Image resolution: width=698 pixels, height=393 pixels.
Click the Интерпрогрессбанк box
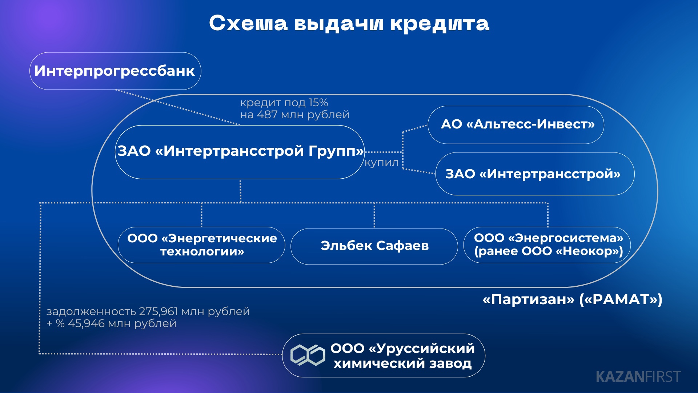coord(115,71)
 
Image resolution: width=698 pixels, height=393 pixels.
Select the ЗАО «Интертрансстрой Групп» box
coord(240,152)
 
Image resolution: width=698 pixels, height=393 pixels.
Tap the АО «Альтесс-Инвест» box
coord(516,125)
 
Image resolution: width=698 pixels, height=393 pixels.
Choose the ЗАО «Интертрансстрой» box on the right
coord(535,174)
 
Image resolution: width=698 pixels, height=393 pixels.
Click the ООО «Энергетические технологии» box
coord(201,245)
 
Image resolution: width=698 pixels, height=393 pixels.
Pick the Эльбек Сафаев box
coord(374,246)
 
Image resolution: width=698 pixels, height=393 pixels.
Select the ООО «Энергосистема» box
coord(547,245)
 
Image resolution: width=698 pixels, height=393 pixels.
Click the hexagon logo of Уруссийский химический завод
coord(308,355)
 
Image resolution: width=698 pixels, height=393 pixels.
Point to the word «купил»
coord(382,163)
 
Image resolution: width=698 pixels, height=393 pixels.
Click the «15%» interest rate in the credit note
coord(318,103)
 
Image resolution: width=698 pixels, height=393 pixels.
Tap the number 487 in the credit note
coord(267,115)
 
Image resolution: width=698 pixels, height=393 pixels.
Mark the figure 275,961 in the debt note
coord(159,311)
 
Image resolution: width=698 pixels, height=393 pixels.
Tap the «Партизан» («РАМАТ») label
coord(572,299)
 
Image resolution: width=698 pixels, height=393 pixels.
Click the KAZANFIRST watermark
coord(638,377)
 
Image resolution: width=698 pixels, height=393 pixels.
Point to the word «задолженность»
coord(91,312)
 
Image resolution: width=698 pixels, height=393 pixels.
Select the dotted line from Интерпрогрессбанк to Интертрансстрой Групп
coord(177,107)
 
